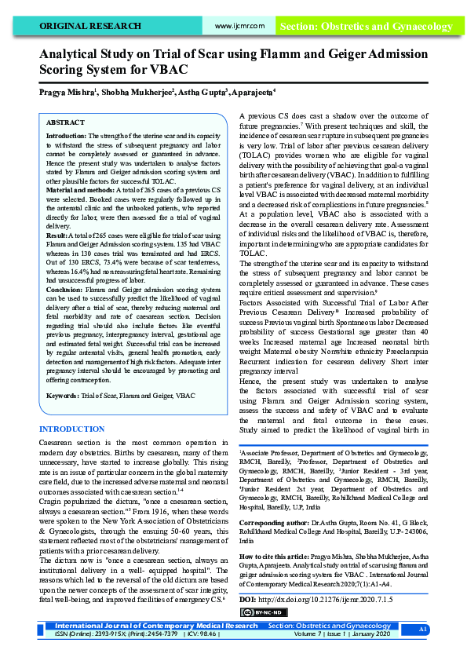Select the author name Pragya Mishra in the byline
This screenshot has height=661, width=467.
[x=67, y=92]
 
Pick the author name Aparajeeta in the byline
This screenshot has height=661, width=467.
[x=250, y=92]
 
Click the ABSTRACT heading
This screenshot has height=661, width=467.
[x=66, y=123]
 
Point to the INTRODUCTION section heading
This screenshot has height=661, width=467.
[x=71, y=429]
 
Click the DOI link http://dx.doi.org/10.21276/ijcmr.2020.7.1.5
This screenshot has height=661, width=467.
[x=325, y=598]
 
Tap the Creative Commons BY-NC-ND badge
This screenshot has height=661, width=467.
[x=258, y=612]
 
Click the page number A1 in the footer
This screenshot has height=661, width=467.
[x=423, y=652]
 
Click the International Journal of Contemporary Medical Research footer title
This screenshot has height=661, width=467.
[x=156, y=648]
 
